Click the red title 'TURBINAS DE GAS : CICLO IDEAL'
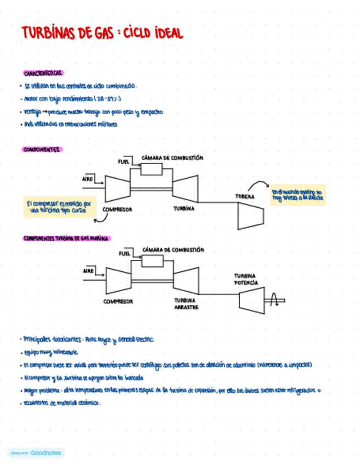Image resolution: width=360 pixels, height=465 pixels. (x=102, y=33)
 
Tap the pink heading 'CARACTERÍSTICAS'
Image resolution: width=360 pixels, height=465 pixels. (x=43, y=73)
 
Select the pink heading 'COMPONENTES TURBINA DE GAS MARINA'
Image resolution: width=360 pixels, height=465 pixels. (x=67, y=239)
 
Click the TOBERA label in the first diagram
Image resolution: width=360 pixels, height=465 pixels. (x=245, y=196)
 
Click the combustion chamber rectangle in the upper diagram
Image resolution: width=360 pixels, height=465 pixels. (x=156, y=169)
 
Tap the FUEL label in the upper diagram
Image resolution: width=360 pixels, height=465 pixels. (x=123, y=161)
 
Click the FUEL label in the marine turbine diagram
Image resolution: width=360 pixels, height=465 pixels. (x=124, y=253)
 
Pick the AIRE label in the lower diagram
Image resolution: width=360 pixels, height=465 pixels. (x=88, y=270)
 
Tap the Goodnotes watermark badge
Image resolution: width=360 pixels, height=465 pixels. (x=36, y=453)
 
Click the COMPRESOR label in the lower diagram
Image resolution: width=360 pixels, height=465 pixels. (x=118, y=301)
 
